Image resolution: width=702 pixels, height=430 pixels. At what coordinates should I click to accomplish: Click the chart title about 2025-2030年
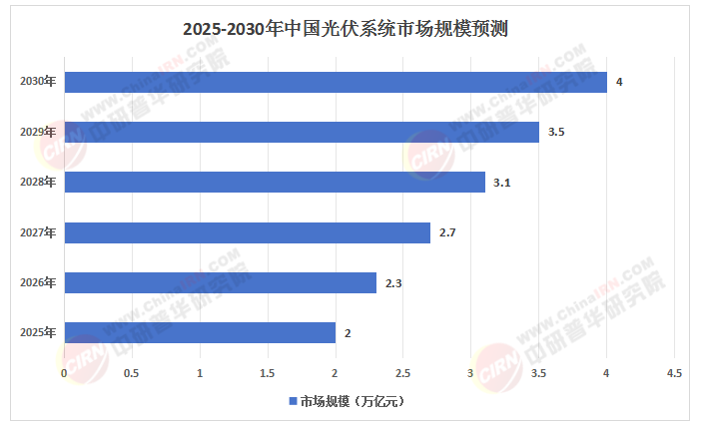pos(346,29)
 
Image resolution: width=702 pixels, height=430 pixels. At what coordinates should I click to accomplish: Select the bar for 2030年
pos(336,83)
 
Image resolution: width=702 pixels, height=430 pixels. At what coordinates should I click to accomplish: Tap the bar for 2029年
pos(302,132)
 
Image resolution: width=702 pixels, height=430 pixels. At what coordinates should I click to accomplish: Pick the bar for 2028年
pos(275,183)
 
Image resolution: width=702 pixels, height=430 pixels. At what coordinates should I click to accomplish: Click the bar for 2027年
pos(248,232)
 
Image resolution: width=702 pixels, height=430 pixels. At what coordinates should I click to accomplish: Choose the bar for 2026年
pos(221,282)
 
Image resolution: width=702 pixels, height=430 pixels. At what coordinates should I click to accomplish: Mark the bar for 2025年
pos(200,332)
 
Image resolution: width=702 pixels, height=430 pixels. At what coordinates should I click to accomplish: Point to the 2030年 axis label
pos(38,82)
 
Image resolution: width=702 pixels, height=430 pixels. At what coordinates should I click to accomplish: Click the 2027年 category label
pos(38,232)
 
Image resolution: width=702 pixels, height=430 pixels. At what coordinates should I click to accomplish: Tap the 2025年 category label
pos(38,332)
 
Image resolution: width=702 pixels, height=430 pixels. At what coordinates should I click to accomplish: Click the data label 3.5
pos(556,132)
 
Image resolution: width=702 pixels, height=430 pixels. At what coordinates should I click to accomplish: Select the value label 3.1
pos(502,183)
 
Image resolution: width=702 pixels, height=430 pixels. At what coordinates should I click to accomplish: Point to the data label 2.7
pos(447,232)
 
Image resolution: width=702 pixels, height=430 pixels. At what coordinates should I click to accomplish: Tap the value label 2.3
pos(393,283)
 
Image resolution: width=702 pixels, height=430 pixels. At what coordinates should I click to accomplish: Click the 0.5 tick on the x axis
pos(131,373)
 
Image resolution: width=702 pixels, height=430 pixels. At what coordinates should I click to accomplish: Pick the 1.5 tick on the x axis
pos(268,373)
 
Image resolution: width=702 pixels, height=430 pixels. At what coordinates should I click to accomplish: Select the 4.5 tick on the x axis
pos(674,373)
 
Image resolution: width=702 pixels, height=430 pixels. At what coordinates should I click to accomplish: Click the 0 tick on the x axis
pos(64,373)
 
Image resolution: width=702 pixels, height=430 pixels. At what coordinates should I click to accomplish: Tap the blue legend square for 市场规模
pos(294,401)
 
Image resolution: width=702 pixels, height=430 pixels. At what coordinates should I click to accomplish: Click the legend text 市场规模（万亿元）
pos(352,401)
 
